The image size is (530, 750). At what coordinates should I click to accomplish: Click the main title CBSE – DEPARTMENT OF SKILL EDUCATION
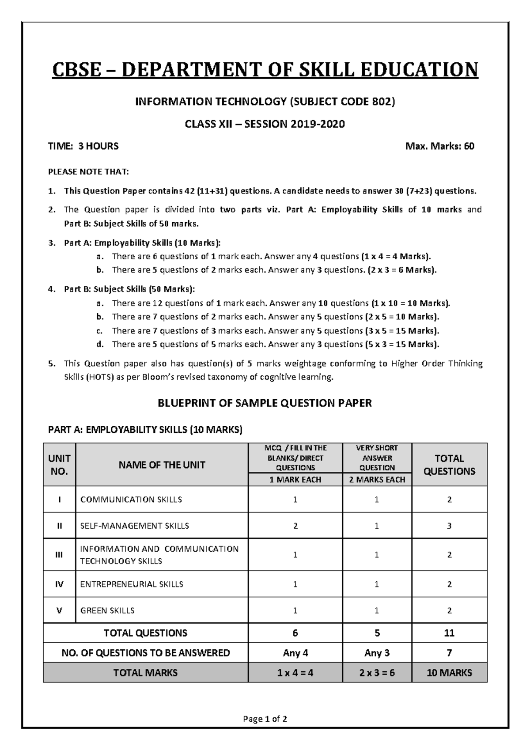point(265,70)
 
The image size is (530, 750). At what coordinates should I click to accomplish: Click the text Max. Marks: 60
point(439,146)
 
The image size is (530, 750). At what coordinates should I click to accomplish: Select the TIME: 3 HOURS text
point(83,146)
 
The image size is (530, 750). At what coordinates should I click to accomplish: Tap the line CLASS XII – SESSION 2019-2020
point(265,124)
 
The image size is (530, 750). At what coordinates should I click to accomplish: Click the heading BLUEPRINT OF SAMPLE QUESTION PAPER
point(265,403)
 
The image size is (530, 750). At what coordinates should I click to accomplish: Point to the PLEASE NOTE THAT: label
point(88,171)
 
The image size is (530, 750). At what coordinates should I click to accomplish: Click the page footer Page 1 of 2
point(265,719)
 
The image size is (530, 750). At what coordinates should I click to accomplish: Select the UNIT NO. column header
point(59,465)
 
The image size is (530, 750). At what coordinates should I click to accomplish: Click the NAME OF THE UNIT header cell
point(162,465)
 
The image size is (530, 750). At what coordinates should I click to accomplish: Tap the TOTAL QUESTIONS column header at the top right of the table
point(449,465)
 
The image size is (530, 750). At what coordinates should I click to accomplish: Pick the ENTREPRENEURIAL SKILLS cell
point(132,584)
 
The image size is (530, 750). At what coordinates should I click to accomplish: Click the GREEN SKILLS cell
point(107,610)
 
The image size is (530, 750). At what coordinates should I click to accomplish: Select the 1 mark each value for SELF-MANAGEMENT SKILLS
point(295,526)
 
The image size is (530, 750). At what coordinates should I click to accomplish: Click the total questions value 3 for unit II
point(449,526)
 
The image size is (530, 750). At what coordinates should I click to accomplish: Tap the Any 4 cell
point(295,653)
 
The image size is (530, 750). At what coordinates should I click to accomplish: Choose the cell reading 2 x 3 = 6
point(377,673)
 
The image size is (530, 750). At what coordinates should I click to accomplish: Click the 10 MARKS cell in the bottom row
point(449,673)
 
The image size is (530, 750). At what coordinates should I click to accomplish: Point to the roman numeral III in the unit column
point(59,555)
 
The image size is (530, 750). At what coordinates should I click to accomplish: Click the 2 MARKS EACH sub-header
point(377,480)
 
